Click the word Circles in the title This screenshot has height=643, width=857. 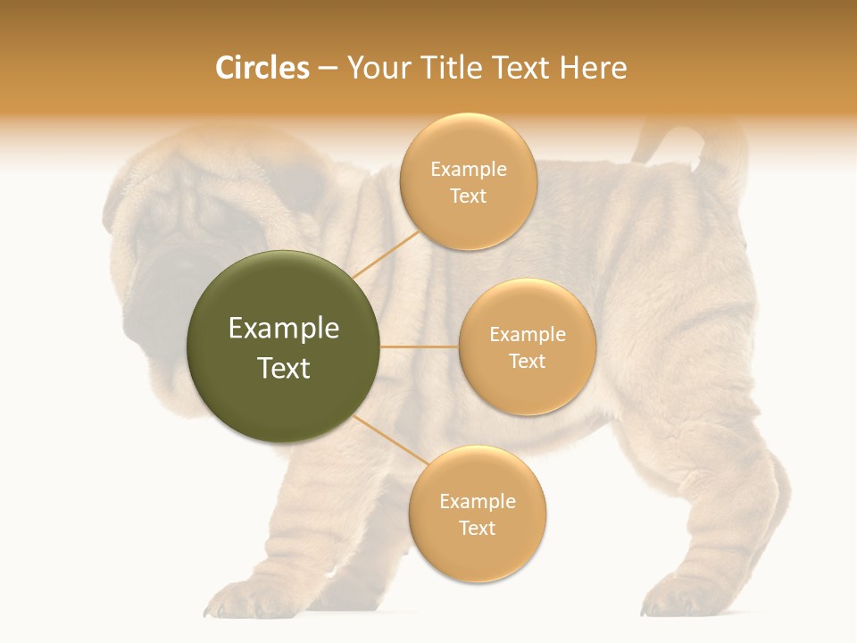(x=262, y=68)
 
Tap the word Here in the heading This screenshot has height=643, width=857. (x=593, y=68)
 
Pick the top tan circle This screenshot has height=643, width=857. (x=468, y=181)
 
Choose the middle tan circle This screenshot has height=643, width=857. (x=527, y=347)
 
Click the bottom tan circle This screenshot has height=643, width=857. (x=477, y=514)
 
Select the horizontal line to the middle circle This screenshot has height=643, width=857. (x=420, y=347)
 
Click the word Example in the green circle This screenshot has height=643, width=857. (x=284, y=329)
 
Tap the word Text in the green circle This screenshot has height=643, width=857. (x=284, y=368)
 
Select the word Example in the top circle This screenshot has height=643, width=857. (x=468, y=169)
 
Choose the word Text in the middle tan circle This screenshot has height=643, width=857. (x=527, y=361)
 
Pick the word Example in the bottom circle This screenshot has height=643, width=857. (x=477, y=501)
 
